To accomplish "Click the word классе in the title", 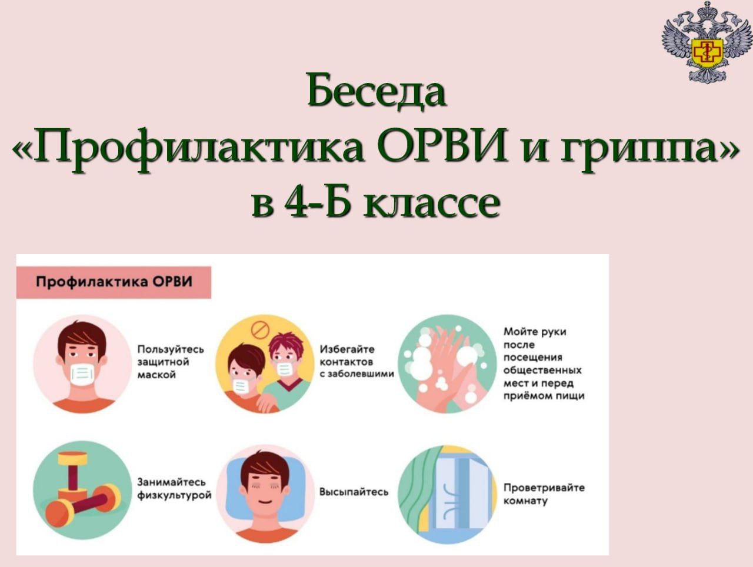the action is (x=431, y=205).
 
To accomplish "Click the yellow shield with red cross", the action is (x=708, y=52).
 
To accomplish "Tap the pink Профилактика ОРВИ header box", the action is (x=114, y=282).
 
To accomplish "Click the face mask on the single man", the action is (x=82, y=375).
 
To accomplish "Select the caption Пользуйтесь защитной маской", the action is (x=171, y=362).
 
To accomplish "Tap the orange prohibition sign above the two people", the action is (x=260, y=329).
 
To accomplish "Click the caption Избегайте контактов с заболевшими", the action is (x=356, y=362).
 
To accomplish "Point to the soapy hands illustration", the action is (x=447, y=364).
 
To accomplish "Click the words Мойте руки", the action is (x=535, y=332).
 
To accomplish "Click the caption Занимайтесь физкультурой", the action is (x=174, y=489).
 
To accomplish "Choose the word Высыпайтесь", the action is (x=354, y=492).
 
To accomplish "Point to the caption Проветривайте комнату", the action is (x=544, y=494).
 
